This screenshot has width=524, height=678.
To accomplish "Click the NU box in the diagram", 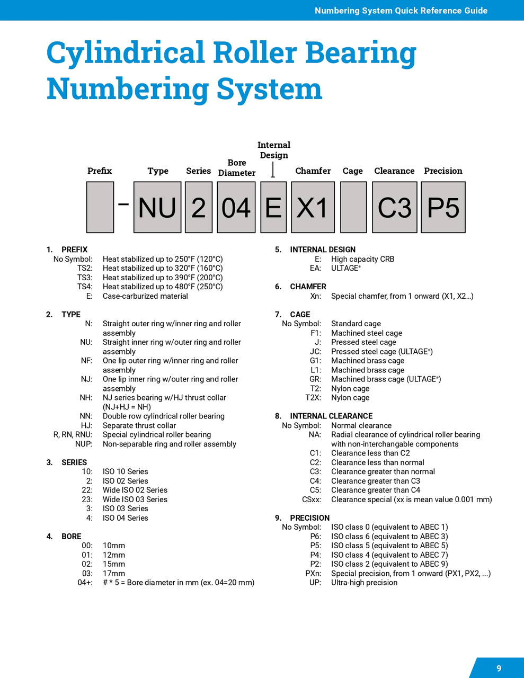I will click(157, 207).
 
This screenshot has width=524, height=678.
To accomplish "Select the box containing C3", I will click(394, 207).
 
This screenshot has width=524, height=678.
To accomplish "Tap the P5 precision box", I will click(443, 207).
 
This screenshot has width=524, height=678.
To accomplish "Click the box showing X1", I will click(313, 207).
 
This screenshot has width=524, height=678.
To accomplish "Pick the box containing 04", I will click(236, 207).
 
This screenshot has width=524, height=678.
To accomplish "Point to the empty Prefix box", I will click(100, 207).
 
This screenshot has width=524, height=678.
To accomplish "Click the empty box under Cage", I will click(353, 207).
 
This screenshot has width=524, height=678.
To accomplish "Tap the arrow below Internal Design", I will click(273, 170).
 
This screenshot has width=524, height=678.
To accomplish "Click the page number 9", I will click(499, 668).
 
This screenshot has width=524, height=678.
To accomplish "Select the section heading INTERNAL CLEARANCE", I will click(331, 416).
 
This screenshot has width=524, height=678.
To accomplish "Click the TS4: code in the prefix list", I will click(85, 287).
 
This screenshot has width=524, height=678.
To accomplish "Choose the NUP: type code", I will click(83, 444).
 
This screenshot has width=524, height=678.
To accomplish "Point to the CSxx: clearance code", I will click(312, 499).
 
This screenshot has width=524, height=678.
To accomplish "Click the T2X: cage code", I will click(313, 398).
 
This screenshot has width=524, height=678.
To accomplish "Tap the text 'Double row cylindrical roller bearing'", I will click(163, 416).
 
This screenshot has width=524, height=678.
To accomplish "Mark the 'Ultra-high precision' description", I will click(364, 583).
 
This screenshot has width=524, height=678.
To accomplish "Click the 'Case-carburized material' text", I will click(145, 296).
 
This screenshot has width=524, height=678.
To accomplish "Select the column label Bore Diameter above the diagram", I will click(236, 167).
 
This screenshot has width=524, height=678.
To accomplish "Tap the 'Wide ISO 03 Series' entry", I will click(135, 499).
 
